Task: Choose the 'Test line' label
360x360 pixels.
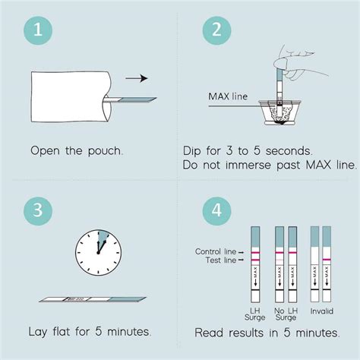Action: pyautogui.click(x=221, y=261)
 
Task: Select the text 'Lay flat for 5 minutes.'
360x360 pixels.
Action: pyautogui.click(x=89, y=332)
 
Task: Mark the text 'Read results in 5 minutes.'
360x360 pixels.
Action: pyautogui.click(x=267, y=332)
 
